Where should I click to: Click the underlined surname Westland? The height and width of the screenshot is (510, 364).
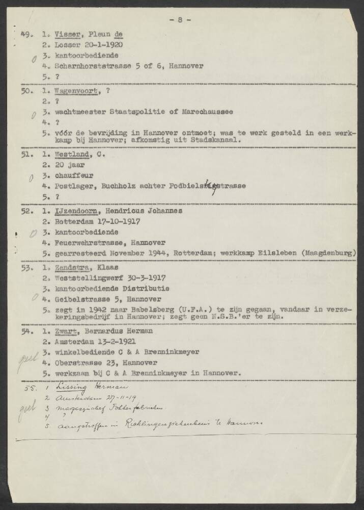72,154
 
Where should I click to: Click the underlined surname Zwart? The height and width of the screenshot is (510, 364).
67,330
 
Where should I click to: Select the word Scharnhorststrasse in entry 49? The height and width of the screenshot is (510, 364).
96,66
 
